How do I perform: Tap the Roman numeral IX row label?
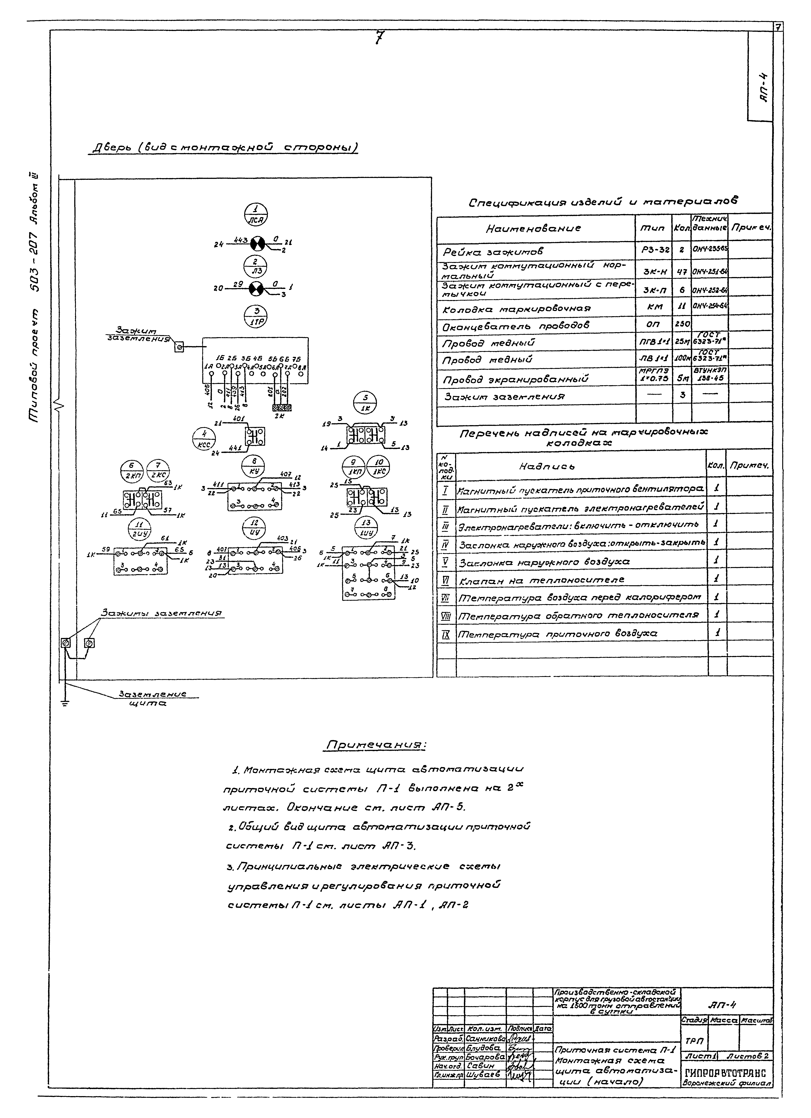click(x=446, y=634)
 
